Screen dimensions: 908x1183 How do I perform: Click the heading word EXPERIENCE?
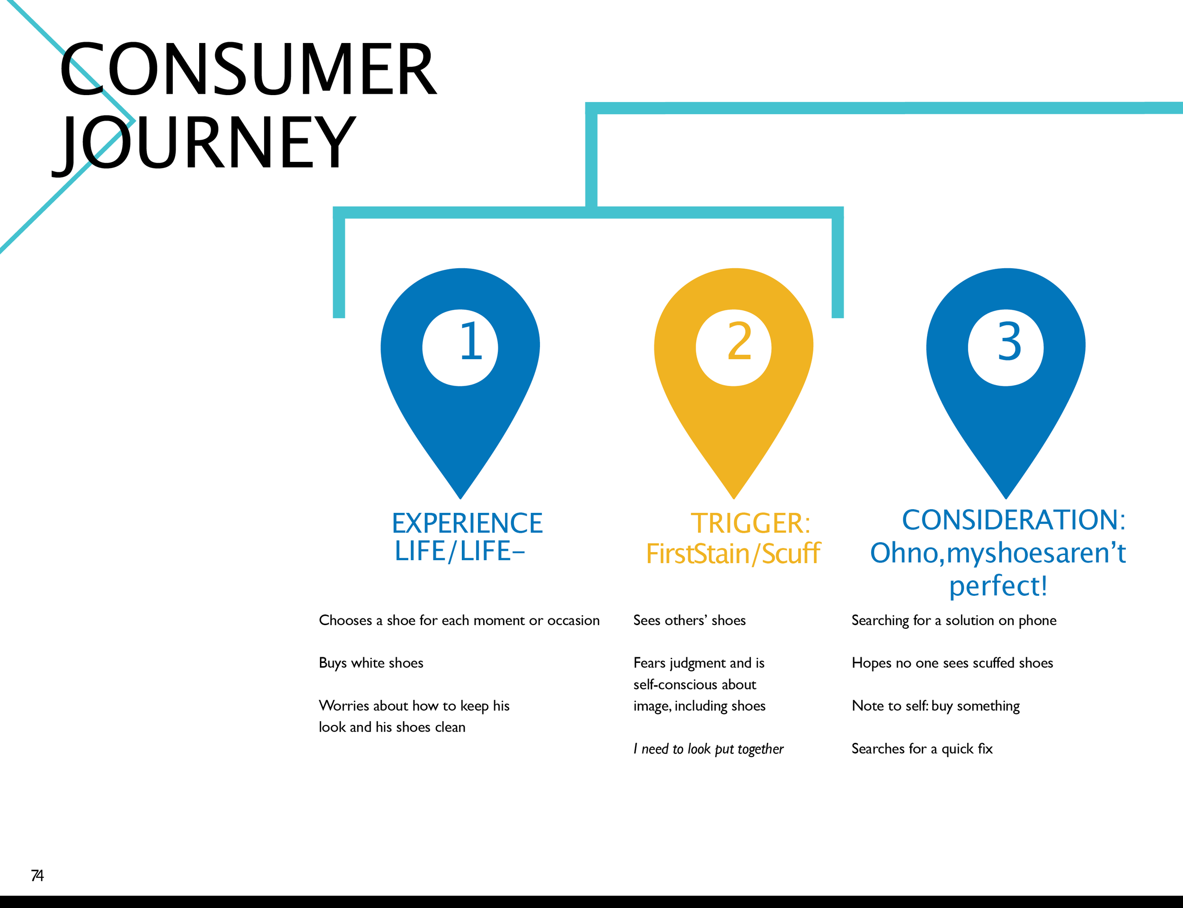click(x=467, y=523)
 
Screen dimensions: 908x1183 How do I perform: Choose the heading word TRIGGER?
click(x=750, y=523)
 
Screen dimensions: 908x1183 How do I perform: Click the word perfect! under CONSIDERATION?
click(x=998, y=586)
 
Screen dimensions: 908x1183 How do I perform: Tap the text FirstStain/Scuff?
click(x=733, y=554)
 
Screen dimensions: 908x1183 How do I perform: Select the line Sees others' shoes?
click(x=689, y=620)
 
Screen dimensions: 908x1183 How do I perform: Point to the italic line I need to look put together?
click(x=708, y=749)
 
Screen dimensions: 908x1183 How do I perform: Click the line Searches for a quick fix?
click(x=922, y=749)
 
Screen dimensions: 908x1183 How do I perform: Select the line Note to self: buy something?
click(x=936, y=706)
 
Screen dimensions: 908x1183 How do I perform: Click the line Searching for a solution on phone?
click(x=954, y=620)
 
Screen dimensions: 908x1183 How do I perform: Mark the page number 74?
click(x=37, y=875)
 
